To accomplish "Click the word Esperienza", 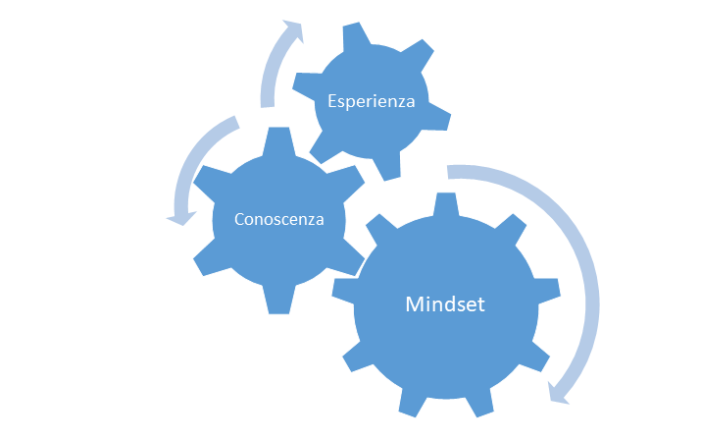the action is click(x=371, y=101).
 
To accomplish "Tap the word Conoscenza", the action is click(x=279, y=219).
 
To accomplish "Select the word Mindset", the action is click(x=445, y=304).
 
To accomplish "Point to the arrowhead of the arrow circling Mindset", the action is click(x=559, y=393).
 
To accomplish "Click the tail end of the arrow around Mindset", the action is click(x=448, y=172).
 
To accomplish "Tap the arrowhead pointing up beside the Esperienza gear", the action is click(x=294, y=30).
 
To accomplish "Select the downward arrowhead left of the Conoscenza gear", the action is click(x=182, y=218).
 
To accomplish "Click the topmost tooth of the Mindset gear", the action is click(x=446, y=204).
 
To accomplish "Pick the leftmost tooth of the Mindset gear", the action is click(x=344, y=291).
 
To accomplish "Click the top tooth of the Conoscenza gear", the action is click(x=279, y=141).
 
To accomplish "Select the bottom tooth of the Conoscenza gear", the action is click(x=279, y=300).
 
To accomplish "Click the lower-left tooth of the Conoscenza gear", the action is click(x=211, y=259).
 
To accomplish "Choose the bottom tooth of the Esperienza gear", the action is click(x=387, y=166).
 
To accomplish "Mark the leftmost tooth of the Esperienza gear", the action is click(x=307, y=86).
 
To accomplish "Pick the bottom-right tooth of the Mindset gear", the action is click(x=533, y=358).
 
